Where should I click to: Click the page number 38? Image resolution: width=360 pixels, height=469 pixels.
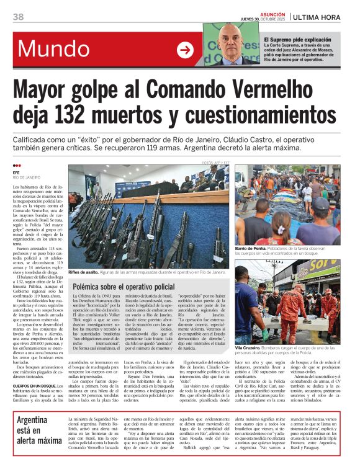click(18, 17)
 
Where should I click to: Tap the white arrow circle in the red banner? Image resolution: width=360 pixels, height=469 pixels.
click(185, 50)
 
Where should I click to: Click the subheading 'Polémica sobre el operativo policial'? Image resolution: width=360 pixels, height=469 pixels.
click(124, 287)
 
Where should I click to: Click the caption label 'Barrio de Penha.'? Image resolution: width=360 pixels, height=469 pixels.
click(251, 248)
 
